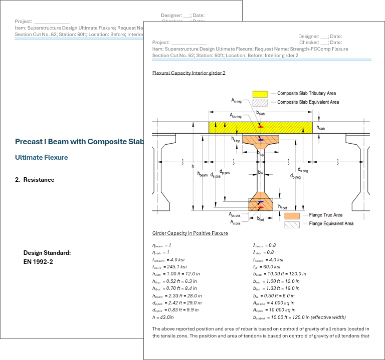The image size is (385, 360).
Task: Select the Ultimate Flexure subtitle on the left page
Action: pyautogui.click(x=41, y=157)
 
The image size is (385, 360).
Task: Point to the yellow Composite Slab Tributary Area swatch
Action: pyautogui.click(x=260, y=94)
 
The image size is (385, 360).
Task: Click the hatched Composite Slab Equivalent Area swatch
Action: pyautogui.click(x=260, y=102)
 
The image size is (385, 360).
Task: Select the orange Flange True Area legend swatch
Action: pyautogui.click(x=292, y=215)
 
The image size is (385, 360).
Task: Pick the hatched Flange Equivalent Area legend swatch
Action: pyautogui.click(x=292, y=224)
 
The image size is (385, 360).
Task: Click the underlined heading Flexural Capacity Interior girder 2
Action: pyautogui.click(x=188, y=73)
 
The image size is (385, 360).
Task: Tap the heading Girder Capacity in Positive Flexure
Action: pyautogui.click(x=190, y=233)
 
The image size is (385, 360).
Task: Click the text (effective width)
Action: pyautogui.click(x=328, y=317)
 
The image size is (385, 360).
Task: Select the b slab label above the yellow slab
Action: pyautogui.click(x=260, y=114)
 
